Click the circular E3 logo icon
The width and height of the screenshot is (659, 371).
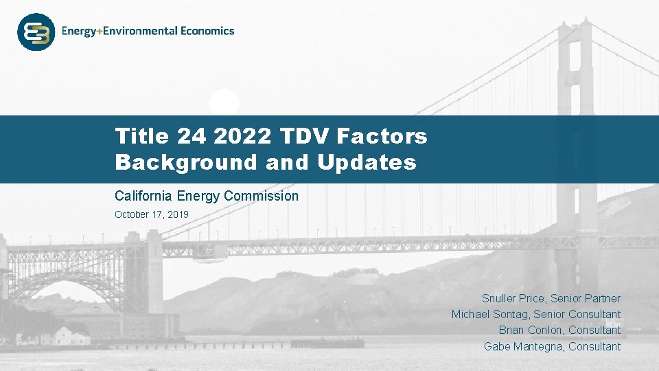(x=36, y=32)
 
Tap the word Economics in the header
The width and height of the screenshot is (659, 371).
(x=208, y=31)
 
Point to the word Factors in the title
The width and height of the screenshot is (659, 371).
(x=382, y=136)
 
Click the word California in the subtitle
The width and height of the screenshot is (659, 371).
(x=141, y=196)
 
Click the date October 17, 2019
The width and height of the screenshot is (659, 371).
(x=151, y=214)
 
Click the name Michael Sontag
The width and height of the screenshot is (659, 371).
(x=490, y=314)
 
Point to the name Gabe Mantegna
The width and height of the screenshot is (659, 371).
(x=523, y=346)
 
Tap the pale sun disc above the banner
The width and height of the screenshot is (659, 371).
(x=224, y=103)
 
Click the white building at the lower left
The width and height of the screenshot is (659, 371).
(x=71, y=336)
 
